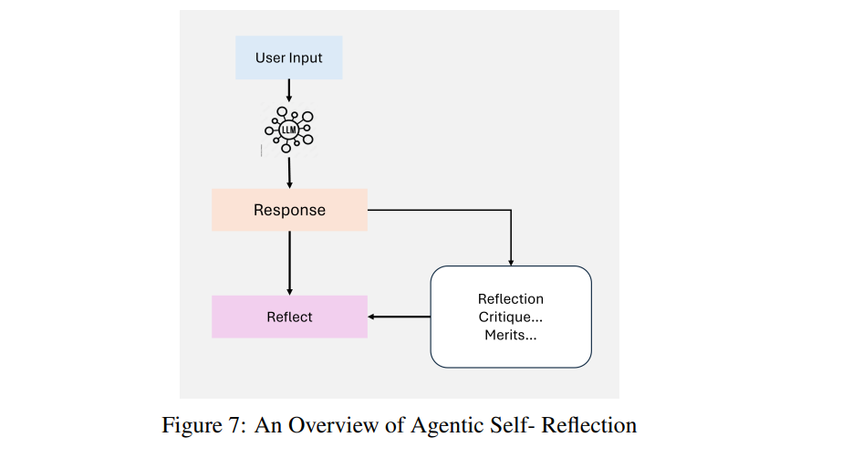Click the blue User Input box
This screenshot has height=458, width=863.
pos(289,57)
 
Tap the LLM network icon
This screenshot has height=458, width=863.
pos(289,130)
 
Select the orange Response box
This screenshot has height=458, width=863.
pos(289,210)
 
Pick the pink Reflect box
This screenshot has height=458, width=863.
pos(289,317)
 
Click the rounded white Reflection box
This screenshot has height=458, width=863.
pos(511,317)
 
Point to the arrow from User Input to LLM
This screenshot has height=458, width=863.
pos(289,91)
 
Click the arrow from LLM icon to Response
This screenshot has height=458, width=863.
pos(289,172)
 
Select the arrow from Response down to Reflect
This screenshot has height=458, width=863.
pos(289,263)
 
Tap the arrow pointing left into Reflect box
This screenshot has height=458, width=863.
pos(399,317)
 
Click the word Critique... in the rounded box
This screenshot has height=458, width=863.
pos(510,317)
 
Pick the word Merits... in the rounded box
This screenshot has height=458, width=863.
pos(510,335)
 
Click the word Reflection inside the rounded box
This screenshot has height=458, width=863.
pos(511,299)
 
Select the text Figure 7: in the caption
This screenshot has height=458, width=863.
pos(203,425)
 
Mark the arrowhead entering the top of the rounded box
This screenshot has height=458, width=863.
pos(511,263)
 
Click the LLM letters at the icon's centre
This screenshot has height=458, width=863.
pos(288,130)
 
